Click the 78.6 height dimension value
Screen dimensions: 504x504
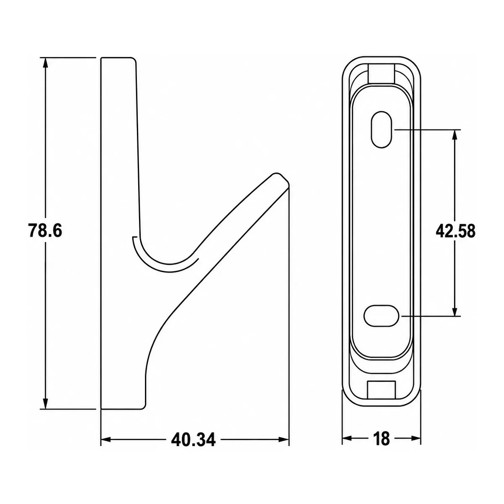click(45, 231)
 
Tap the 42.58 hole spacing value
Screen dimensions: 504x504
click(455, 231)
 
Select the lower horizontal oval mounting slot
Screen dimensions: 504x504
click(381, 316)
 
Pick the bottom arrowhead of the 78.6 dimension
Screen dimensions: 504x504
click(46, 403)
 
